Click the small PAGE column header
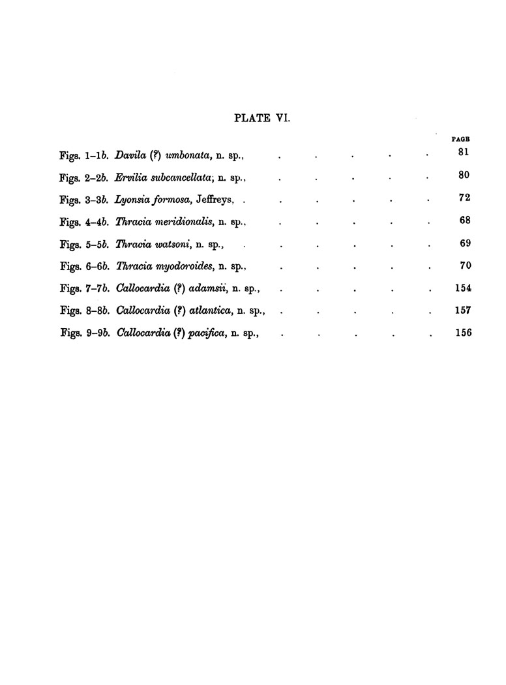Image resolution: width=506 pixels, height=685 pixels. click(x=461, y=138)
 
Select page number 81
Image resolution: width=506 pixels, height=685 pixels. click(x=464, y=153)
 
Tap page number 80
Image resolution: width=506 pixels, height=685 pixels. click(x=464, y=175)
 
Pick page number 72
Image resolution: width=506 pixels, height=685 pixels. click(x=464, y=198)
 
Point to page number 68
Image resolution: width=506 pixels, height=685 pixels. click(x=464, y=221)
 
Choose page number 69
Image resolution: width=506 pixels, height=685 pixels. click(x=464, y=243)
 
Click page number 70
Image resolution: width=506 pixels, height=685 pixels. click(x=464, y=266)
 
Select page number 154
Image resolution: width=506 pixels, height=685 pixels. click(x=462, y=288)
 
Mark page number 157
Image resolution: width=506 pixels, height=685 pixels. click(x=462, y=311)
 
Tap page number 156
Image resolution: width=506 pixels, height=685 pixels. click(x=462, y=333)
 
